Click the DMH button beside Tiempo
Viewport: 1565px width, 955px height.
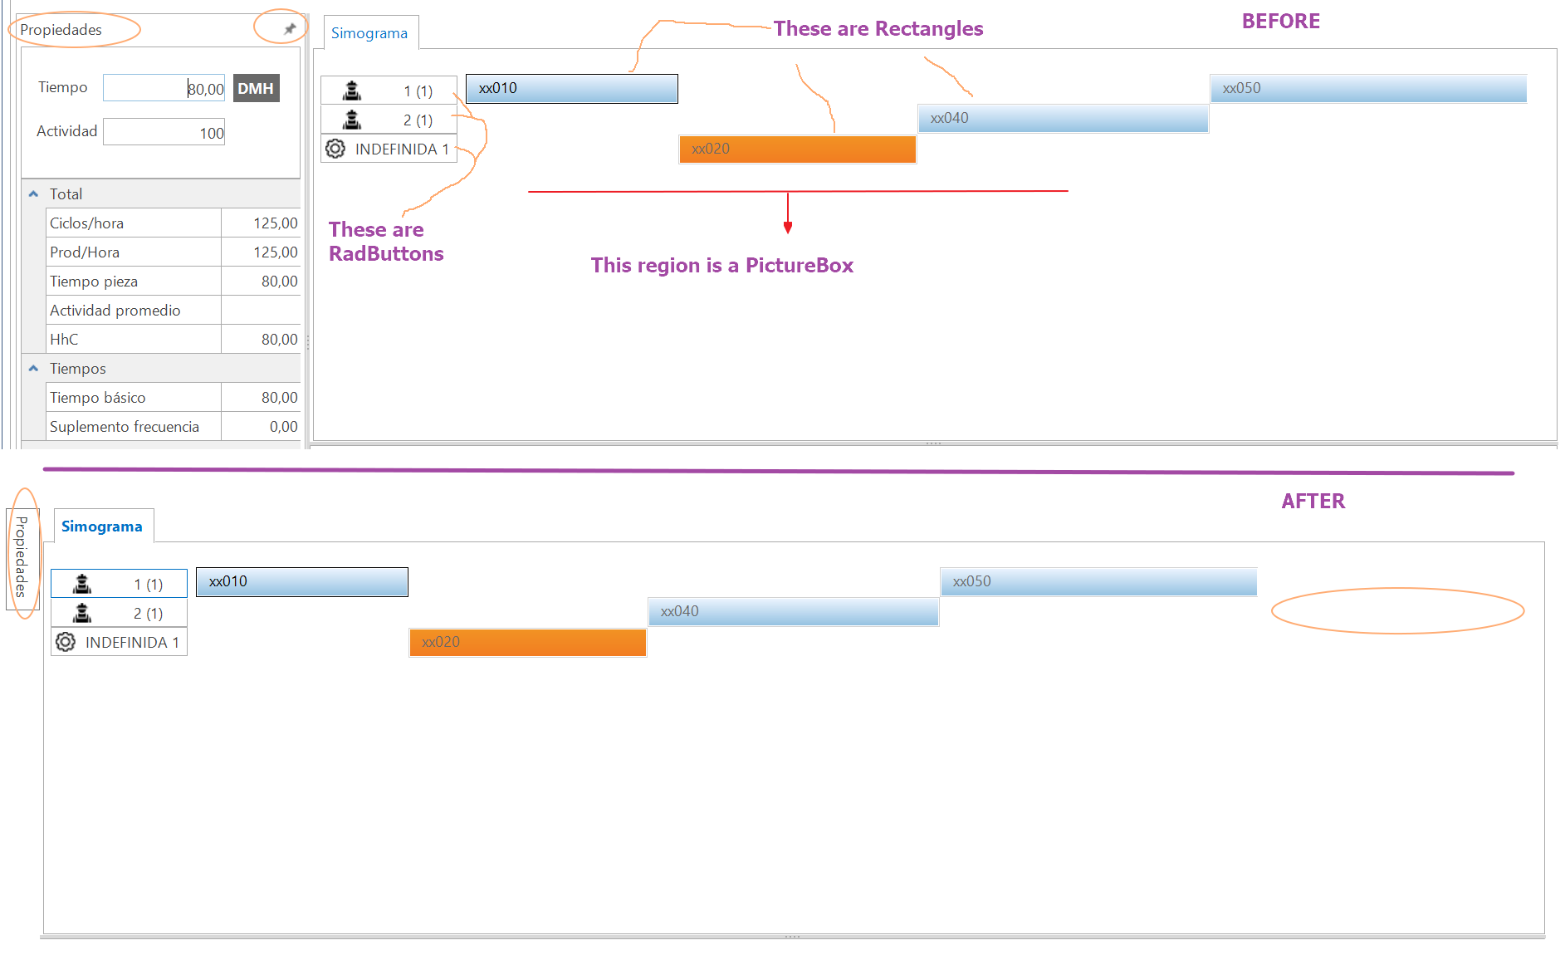[x=256, y=88]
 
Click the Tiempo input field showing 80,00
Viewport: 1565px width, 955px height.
[x=164, y=88]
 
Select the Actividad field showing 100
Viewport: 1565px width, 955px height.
[x=164, y=132]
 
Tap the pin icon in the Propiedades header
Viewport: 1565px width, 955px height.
[x=290, y=29]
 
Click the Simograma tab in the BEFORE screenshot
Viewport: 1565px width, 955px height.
[x=369, y=33]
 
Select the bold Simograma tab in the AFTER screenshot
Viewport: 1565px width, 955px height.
[x=102, y=526]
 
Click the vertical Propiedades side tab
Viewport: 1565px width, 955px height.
[x=22, y=556]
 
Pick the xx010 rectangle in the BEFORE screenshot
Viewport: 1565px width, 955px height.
[x=571, y=89]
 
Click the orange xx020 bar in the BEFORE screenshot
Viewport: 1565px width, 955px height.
[x=797, y=149]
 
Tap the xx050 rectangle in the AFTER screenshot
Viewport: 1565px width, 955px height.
[x=1098, y=581]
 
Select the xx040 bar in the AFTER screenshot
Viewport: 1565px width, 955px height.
[x=793, y=612]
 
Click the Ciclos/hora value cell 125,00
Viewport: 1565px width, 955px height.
[x=261, y=223]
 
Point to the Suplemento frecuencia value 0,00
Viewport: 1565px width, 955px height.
[x=261, y=426]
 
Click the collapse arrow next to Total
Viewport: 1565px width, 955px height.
[x=34, y=193]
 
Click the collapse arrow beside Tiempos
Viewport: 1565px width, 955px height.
[x=34, y=368]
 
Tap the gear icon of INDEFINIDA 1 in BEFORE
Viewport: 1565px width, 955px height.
[x=335, y=149]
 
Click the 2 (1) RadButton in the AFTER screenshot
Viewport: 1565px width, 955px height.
[x=119, y=613]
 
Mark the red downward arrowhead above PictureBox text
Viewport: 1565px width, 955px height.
[x=788, y=228]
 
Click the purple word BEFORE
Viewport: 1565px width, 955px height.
[x=1280, y=22]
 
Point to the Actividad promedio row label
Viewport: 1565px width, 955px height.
[x=115, y=310]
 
